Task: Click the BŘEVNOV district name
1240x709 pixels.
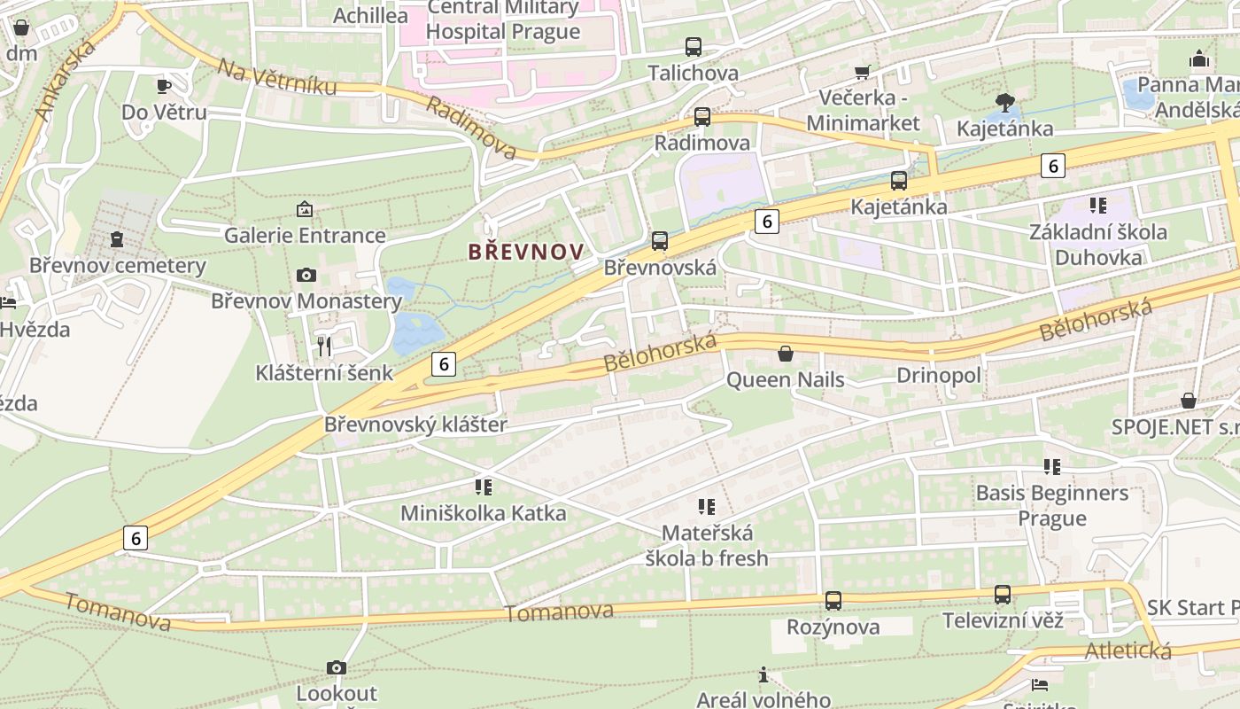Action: pos(526,252)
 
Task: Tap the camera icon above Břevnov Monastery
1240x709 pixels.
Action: pos(306,275)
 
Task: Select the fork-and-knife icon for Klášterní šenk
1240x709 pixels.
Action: pos(324,346)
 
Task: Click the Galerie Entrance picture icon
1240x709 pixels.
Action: pos(305,209)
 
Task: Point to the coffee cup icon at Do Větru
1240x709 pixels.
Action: pos(164,86)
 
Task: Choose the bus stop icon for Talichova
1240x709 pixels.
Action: pos(694,47)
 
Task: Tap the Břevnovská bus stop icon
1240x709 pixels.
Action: pos(660,241)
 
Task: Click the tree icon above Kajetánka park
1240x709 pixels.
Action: pos(1004,103)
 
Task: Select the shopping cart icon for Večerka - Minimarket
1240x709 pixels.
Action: pos(863,72)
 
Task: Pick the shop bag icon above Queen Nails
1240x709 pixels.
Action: pos(786,354)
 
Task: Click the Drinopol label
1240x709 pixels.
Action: pos(939,376)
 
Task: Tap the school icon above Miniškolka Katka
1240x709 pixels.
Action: pos(484,487)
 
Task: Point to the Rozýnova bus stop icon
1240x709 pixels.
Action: pos(833,601)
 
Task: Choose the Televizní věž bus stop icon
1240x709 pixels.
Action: pos(1003,595)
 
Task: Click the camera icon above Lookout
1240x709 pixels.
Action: pos(337,667)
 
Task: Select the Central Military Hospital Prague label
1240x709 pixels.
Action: pos(503,20)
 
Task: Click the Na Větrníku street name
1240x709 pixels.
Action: pos(277,76)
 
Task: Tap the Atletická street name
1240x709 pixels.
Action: pos(1128,651)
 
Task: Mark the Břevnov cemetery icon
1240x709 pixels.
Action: pos(117,239)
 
